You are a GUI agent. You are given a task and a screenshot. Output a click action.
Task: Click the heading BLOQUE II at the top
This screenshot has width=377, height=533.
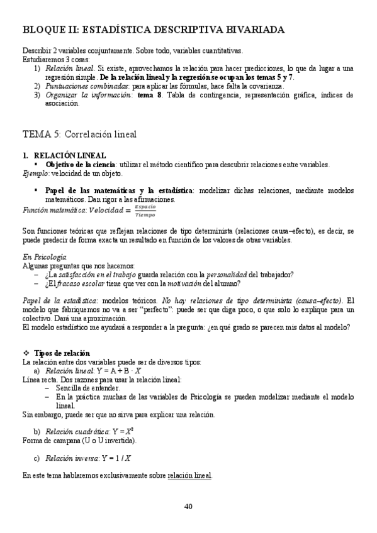click(x=154, y=30)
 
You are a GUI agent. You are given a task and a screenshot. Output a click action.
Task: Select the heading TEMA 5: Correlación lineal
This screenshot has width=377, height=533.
click(x=79, y=134)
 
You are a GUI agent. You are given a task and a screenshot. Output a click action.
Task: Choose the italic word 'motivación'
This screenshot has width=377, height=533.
click(x=186, y=283)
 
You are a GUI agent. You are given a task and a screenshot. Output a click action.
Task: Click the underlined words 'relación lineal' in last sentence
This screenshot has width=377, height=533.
click(x=189, y=475)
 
